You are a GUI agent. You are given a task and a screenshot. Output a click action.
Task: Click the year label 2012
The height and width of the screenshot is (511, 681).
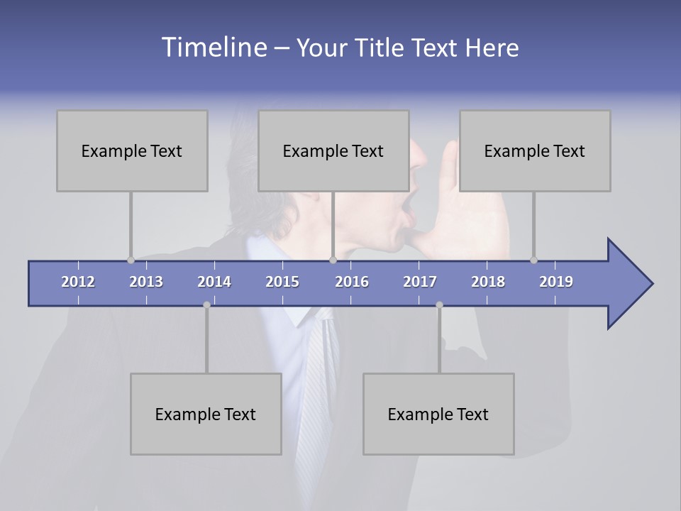(78, 282)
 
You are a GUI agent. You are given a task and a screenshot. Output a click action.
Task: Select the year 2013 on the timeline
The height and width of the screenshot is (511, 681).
(146, 282)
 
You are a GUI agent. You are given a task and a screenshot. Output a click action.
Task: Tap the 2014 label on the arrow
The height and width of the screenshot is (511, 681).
(214, 282)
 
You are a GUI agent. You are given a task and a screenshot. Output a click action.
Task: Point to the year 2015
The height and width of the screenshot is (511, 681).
(282, 282)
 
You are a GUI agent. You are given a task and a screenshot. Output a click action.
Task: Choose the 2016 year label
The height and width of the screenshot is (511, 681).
(352, 282)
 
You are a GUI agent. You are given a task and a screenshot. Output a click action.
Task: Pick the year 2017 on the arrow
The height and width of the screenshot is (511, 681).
(420, 282)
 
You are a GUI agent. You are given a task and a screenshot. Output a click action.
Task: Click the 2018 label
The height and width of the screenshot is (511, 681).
(488, 282)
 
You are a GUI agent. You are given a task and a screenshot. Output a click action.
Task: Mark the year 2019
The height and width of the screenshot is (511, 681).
(556, 282)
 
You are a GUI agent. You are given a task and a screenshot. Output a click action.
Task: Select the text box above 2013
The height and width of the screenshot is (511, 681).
(132, 150)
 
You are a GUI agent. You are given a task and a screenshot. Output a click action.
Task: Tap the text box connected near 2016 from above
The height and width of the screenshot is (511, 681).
(333, 150)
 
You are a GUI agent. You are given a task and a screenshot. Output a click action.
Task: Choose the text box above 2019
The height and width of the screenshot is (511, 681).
(535, 150)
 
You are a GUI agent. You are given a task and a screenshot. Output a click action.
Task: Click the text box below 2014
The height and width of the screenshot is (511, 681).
(206, 414)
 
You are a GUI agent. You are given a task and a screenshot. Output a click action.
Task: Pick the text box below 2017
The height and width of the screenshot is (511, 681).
(438, 414)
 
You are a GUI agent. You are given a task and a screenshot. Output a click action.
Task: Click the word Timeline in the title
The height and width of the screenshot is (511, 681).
(213, 48)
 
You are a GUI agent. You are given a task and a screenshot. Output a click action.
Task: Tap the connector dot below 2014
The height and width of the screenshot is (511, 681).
(206, 305)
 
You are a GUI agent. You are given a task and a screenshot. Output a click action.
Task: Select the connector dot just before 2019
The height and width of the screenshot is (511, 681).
(533, 260)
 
